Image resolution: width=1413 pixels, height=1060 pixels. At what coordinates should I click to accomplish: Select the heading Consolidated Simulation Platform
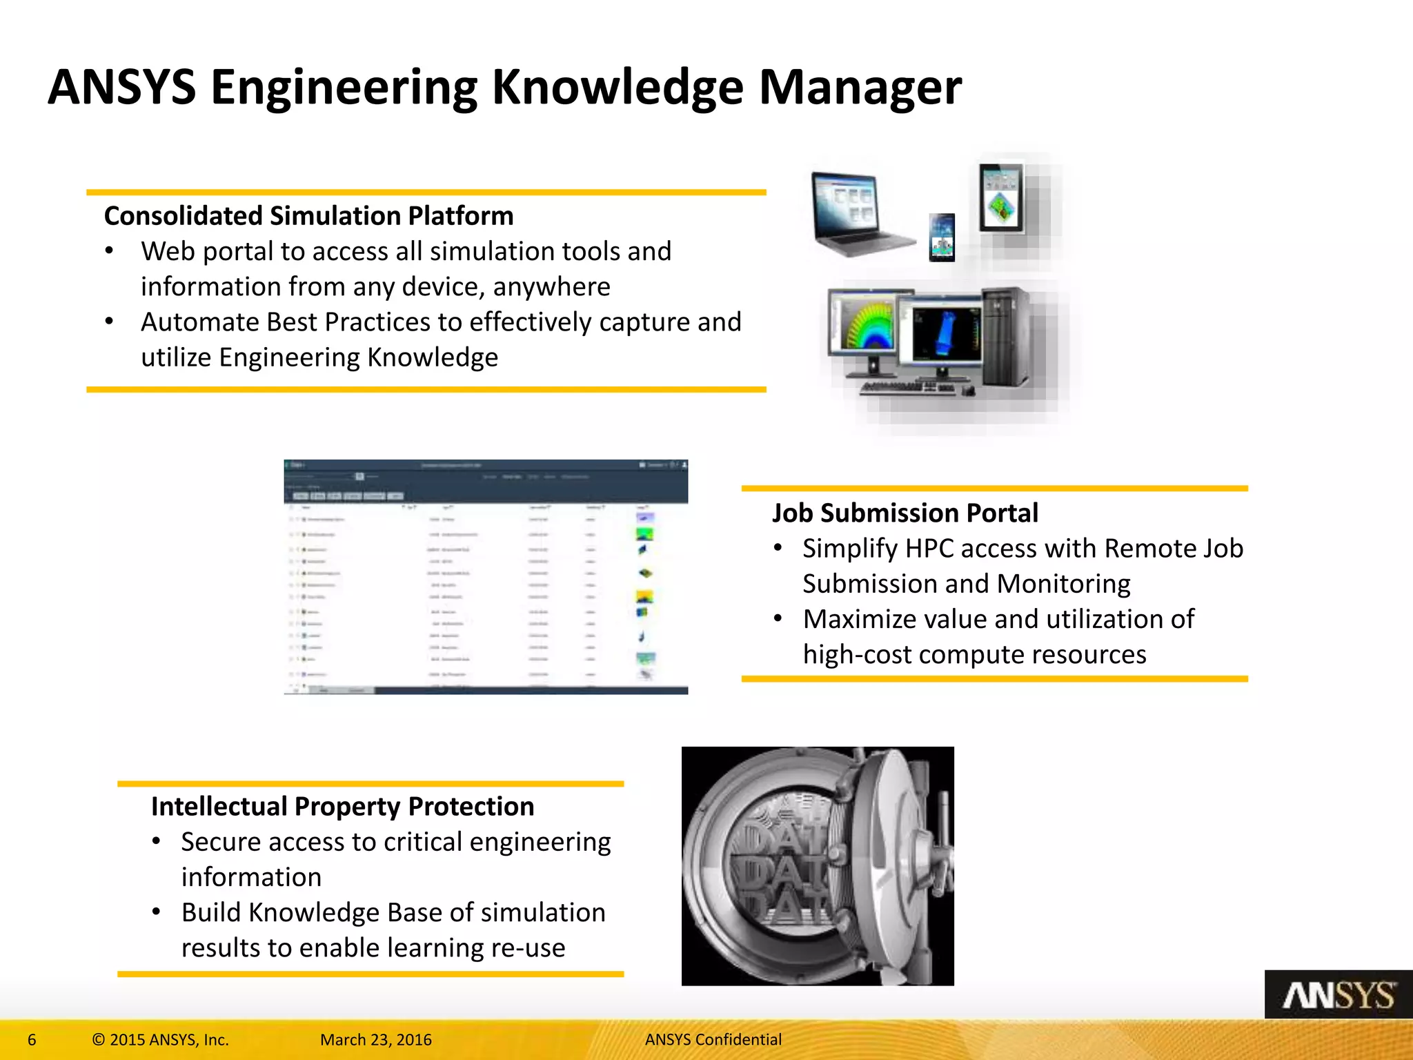308,216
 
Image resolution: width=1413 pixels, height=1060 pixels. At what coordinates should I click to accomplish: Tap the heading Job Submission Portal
905,513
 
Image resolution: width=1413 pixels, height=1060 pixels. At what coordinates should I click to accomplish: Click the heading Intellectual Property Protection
342,806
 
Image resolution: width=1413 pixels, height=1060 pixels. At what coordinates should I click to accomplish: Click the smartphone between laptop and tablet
942,237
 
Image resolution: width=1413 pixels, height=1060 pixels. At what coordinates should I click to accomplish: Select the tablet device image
1002,197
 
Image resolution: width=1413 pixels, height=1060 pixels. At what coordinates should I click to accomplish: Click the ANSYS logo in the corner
1338,995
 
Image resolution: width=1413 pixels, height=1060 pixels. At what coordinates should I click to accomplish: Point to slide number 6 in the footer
32,1040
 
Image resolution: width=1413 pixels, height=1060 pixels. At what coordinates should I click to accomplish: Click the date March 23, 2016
376,1040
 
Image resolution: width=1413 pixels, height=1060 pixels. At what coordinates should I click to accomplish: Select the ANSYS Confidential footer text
713,1040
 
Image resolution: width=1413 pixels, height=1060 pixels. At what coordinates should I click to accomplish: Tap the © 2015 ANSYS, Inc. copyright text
160,1040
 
